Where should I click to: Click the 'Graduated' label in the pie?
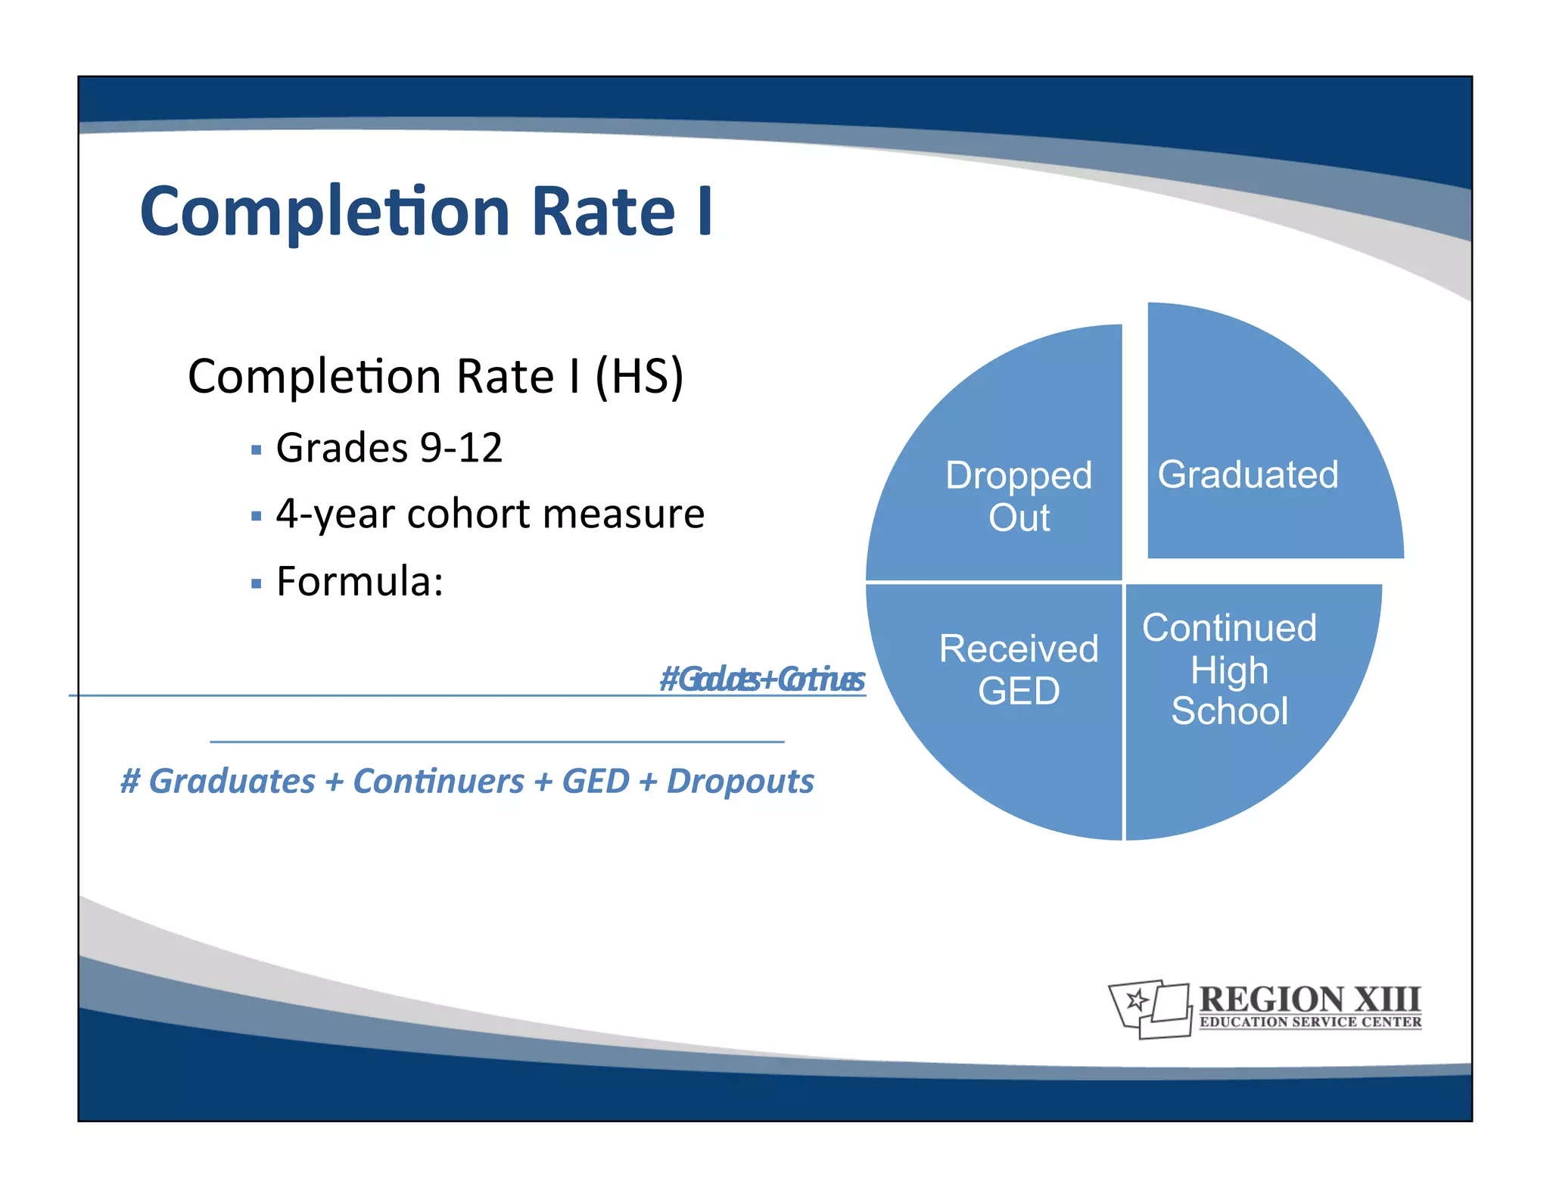1247,475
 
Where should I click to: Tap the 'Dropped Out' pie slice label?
1019,496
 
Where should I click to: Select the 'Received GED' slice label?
1019,670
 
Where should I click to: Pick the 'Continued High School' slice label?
1229,670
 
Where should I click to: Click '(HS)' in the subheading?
640,376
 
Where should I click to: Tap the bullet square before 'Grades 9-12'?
256,450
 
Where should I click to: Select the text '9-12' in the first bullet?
461,447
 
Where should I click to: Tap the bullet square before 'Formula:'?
256,583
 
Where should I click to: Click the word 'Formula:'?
359,581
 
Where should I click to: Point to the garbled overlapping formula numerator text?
761,679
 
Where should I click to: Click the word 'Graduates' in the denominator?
232,781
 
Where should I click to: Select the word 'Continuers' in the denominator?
438,781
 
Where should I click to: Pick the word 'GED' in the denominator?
595,781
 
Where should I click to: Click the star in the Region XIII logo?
1135,1001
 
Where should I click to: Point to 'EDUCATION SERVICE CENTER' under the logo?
1310,1022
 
